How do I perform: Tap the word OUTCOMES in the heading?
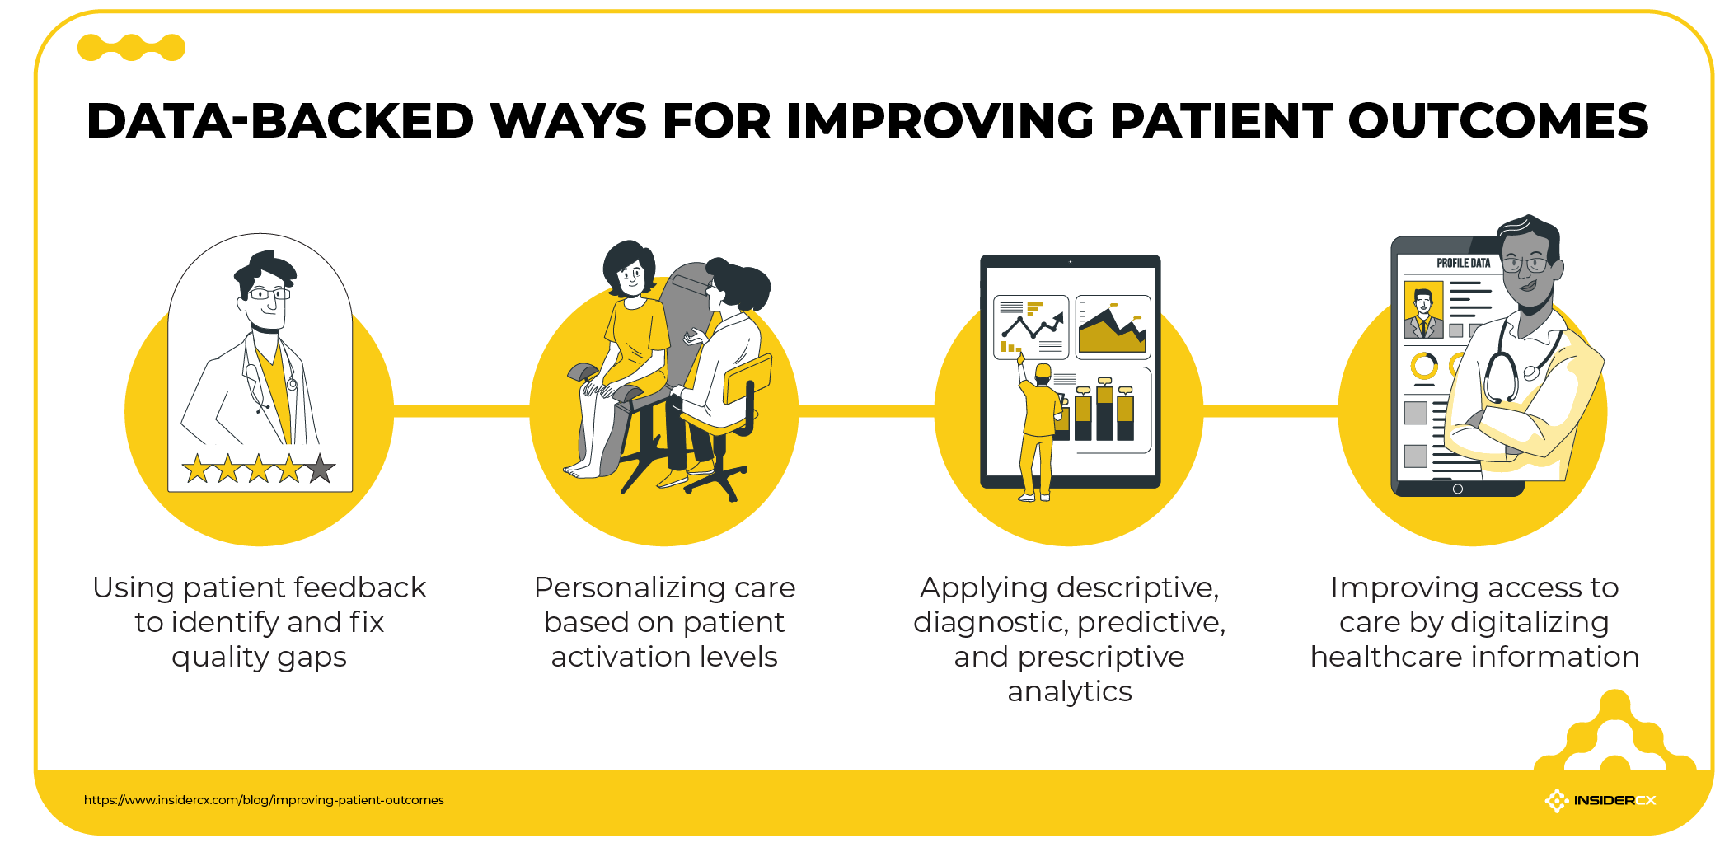(1497, 121)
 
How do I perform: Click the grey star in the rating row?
(320, 469)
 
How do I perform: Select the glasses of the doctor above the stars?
(269, 293)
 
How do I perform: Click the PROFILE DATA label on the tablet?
(1463, 263)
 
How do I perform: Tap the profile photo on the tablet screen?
(1423, 310)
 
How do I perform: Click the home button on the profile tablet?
(1457, 489)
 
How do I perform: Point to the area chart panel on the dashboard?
(1113, 327)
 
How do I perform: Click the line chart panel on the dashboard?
(1031, 327)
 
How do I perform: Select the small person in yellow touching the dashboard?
(1038, 428)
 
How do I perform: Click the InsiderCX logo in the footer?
(1600, 800)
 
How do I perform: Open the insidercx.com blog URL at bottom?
(264, 800)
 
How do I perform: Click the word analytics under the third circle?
(1069, 691)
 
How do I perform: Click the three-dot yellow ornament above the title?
(131, 48)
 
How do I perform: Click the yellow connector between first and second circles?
(462, 410)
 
